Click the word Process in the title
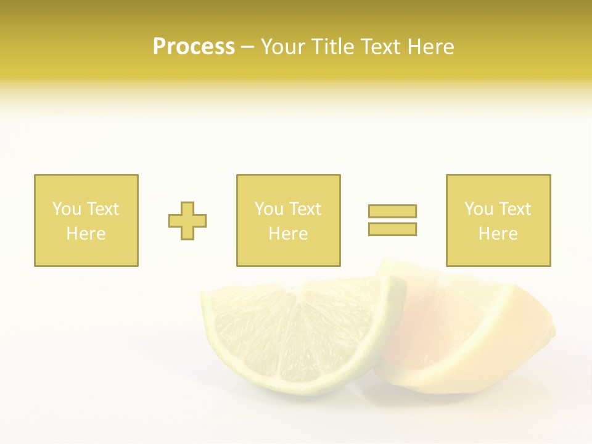pos(194,47)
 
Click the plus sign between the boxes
pos(187,220)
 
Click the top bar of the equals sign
pos(392,211)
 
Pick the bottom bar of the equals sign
pos(392,229)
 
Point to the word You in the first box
pos(66,209)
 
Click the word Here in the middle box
pos(288,234)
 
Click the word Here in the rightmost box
pos(498,234)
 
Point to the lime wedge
pos(296,339)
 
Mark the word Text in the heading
pos(377,47)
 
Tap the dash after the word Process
pos(247,47)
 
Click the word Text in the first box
pos(102,209)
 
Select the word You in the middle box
pos(269,209)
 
